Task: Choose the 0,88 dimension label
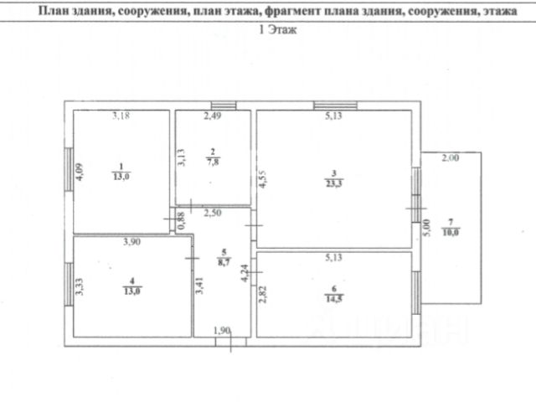182,220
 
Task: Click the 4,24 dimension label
245,273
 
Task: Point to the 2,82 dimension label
263,296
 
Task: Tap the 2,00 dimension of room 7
451,157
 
